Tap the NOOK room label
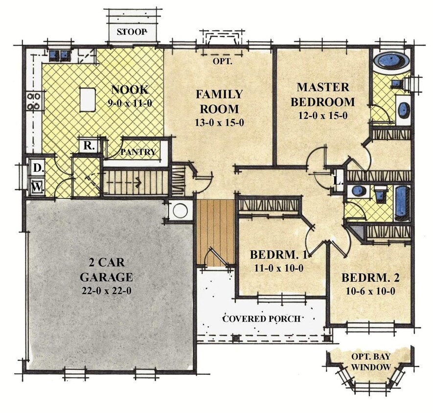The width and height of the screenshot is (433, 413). click(130, 90)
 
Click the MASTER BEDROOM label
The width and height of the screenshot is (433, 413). click(323, 94)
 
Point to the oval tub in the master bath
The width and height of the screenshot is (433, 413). click(392, 61)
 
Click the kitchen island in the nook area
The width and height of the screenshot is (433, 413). click(87, 99)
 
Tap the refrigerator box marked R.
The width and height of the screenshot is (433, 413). click(89, 145)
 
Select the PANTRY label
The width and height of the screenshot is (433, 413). click(138, 152)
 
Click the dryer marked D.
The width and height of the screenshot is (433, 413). click(37, 167)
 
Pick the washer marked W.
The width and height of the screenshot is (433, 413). click(37, 186)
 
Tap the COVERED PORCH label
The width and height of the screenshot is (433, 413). click(261, 319)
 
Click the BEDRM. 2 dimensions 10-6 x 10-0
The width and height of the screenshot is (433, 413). click(370, 291)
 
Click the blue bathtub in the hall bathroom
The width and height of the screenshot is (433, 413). click(401, 203)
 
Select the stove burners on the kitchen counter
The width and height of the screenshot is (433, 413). click(34, 101)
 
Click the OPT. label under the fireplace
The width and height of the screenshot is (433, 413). click(222, 62)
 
